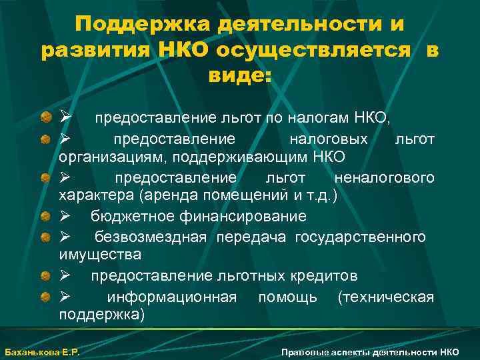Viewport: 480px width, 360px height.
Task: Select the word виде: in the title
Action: (239, 75)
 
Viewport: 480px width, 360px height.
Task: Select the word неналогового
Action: (385, 178)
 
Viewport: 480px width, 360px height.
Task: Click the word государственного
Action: (361, 237)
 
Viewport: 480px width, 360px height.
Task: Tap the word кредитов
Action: (325, 275)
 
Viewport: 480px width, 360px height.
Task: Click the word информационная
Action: (171, 297)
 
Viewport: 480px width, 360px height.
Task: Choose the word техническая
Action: (386, 297)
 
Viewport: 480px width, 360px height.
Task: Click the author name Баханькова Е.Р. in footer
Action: (42, 351)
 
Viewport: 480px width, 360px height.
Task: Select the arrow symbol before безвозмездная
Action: (65, 237)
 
